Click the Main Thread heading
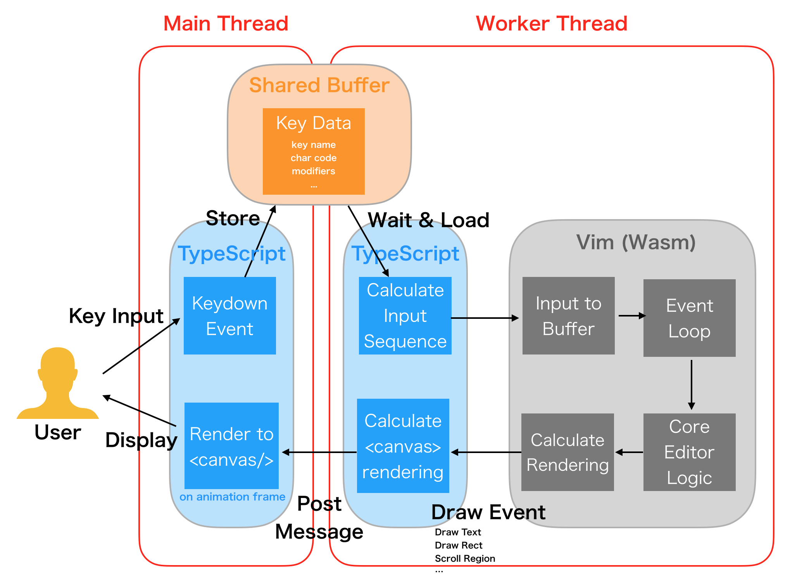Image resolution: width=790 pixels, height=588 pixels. pyautogui.click(x=226, y=23)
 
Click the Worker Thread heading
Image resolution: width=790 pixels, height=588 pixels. pyautogui.click(x=551, y=23)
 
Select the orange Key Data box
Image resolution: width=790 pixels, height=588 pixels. pyautogui.click(x=314, y=151)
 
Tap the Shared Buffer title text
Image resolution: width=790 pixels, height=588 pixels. pyautogui.click(x=319, y=85)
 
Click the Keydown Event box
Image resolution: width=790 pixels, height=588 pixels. pyautogui.click(x=230, y=315)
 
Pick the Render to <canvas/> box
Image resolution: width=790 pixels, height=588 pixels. pyautogui.click(x=231, y=446)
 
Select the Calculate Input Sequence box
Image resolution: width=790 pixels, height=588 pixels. pyautogui.click(x=405, y=315)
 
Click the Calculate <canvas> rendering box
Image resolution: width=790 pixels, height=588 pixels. pyautogui.click(x=403, y=446)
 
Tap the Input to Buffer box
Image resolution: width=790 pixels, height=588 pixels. pyautogui.click(x=568, y=315)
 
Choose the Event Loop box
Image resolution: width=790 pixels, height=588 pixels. pyautogui.click(x=689, y=318)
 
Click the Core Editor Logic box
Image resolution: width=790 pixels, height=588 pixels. pyautogui.click(x=689, y=452)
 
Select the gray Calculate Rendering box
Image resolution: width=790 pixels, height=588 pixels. pyautogui.click(x=567, y=452)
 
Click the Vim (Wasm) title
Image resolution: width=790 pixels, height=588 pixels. pyautogui.click(x=636, y=242)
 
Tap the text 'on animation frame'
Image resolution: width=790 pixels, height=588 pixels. pyautogui.click(x=232, y=497)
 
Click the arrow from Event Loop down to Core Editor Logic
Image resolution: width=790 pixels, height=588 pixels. pyautogui.click(x=691, y=384)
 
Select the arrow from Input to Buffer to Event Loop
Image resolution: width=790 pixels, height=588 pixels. pyautogui.click(x=631, y=316)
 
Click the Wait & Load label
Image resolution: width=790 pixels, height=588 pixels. pyautogui.click(x=428, y=220)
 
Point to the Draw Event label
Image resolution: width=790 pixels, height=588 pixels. pyautogui.click(x=488, y=512)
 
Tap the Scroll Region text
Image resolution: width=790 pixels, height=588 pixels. pyautogui.click(x=465, y=559)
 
